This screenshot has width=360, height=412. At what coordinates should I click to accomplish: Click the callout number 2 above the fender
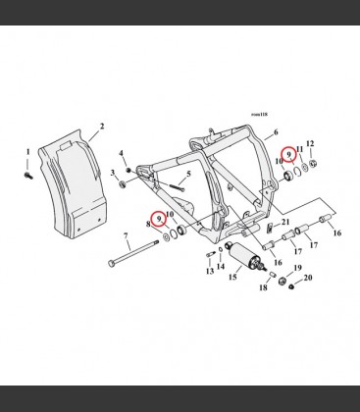[x=102, y=127]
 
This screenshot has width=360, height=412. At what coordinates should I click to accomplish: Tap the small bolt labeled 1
[x=27, y=176]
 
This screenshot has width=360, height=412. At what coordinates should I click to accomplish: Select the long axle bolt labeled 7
[x=133, y=253]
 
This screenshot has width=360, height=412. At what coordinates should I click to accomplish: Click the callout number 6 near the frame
[x=276, y=132]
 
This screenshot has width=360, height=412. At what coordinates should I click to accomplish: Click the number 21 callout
[x=285, y=222]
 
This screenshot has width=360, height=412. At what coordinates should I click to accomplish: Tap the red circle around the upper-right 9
[x=289, y=154]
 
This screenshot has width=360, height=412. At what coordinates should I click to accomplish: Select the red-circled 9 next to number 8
[x=159, y=219]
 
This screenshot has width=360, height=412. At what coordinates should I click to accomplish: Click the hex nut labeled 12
[x=312, y=163]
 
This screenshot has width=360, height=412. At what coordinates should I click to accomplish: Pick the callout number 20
[x=308, y=278]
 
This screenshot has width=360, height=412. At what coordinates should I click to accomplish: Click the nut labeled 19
[x=283, y=281]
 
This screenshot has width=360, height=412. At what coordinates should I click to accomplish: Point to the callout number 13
[x=210, y=271]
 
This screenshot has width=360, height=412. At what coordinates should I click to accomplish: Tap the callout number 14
[x=221, y=267]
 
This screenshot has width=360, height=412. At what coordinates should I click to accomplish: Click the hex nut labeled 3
[x=124, y=184]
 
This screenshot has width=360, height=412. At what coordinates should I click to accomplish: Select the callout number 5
[x=188, y=175]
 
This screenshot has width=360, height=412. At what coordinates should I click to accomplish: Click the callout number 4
[x=121, y=153]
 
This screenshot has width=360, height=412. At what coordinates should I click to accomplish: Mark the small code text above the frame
[x=259, y=115]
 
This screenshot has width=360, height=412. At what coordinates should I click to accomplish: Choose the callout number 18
[x=263, y=287]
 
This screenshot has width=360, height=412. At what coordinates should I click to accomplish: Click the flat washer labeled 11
[x=304, y=168]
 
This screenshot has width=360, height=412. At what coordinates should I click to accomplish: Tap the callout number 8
[x=148, y=225]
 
